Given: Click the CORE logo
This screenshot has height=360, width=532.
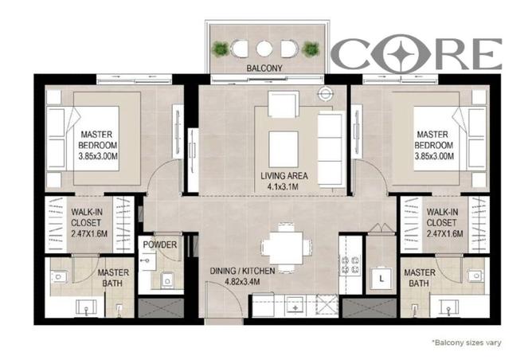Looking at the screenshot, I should pos(417,53).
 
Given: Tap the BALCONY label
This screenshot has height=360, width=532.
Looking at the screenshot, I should pos(265,69).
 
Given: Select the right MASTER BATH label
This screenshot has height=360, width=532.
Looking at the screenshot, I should pos(420,278).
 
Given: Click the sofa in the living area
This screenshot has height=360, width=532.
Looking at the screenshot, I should pos(330,137).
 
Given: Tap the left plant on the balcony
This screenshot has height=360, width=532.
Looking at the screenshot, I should pos(221,50).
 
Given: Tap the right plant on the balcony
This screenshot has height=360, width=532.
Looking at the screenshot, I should pos(311,50).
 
